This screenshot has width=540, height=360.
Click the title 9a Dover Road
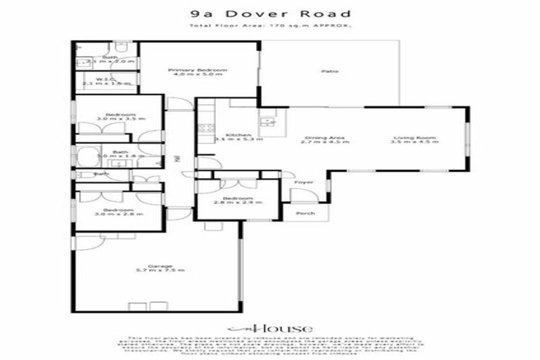click(x=271, y=13)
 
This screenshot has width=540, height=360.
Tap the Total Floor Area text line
click(x=271, y=26)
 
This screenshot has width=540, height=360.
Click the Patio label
click(x=326, y=71)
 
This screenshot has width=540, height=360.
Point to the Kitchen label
click(x=233, y=136)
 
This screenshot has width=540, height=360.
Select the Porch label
click(x=305, y=213)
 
